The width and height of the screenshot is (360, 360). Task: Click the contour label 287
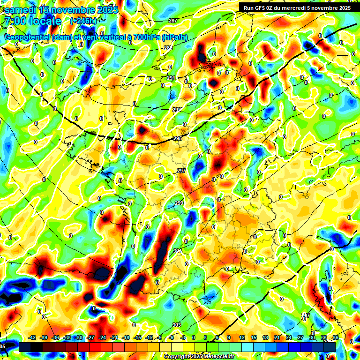(x=173, y=21)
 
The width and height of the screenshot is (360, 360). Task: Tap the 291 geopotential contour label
(x=171, y=78)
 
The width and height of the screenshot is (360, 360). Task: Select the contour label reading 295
(x=177, y=138)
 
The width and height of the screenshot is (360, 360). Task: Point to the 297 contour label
(x=181, y=171)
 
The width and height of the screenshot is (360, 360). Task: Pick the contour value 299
(x=179, y=203)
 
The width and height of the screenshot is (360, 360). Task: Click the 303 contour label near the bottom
(x=177, y=325)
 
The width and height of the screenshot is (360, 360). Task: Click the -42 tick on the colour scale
(x=33, y=337)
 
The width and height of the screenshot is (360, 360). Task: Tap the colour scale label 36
(x=335, y=337)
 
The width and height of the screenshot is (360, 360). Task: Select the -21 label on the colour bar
(x=114, y=337)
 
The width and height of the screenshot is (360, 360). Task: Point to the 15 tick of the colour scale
(x=254, y=337)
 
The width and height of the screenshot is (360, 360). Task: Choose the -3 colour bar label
(x=183, y=337)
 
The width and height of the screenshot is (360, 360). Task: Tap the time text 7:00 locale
(x=32, y=21)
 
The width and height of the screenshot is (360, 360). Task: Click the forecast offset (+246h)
(x=83, y=21)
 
